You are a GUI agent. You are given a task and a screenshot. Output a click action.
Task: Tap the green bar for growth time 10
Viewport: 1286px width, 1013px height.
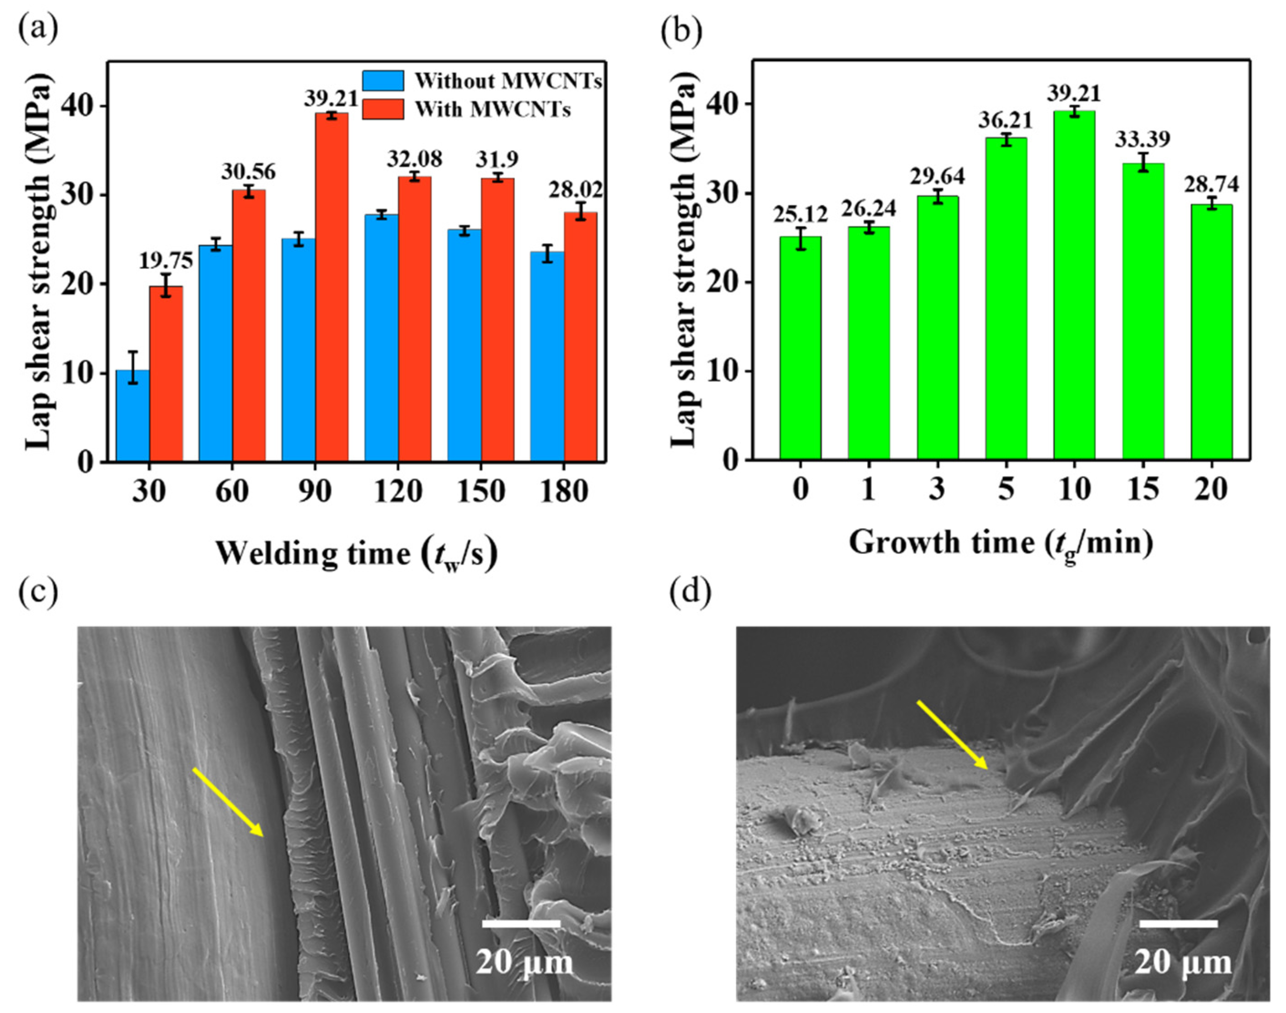tap(1074, 285)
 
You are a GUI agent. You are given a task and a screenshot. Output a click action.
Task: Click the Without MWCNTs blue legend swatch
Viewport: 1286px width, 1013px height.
tap(383, 81)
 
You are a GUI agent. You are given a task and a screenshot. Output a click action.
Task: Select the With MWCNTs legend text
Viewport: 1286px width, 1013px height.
tap(492, 109)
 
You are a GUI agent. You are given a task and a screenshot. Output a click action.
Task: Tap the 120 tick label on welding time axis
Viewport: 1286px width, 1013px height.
tap(398, 492)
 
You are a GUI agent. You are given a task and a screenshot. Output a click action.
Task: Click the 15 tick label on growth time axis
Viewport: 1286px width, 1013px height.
tap(1143, 490)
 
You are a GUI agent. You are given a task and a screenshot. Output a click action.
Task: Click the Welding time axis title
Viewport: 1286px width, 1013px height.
tap(356, 553)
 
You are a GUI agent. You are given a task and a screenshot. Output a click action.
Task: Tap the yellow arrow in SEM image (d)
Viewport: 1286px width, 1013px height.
tap(952, 735)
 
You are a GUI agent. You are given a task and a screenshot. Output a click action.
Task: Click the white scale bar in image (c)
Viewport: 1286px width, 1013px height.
tap(521, 923)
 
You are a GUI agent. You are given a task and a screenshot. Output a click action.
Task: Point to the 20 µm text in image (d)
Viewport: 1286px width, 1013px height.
tap(1182, 962)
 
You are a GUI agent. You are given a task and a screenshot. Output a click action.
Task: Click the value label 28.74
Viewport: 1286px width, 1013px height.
tap(1211, 185)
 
